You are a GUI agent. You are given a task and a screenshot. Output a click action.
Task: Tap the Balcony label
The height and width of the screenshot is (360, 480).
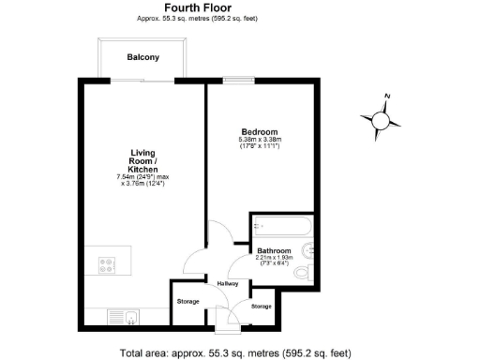(x=143, y=57)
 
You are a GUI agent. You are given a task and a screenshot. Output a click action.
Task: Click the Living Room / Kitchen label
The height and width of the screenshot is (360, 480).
(x=143, y=160)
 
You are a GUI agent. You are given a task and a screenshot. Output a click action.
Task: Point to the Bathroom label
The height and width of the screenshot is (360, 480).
(x=275, y=251)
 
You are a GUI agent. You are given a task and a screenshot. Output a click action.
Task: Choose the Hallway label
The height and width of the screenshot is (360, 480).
(x=228, y=283)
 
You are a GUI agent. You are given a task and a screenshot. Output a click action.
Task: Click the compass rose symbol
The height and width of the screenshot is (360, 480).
(x=382, y=119)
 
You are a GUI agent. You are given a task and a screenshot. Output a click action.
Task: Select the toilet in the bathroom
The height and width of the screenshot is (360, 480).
(x=303, y=273)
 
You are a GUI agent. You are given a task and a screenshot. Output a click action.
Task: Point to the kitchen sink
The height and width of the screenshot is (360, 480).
(x=125, y=316)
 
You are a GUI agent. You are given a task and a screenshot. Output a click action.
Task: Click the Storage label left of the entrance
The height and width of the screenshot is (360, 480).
(x=187, y=301)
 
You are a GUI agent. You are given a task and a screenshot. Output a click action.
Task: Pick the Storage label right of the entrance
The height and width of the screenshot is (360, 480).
(x=262, y=307)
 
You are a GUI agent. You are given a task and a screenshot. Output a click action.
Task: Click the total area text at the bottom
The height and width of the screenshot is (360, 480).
(x=235, y=352)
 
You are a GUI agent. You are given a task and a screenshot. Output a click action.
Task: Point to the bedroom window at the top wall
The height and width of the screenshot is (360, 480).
(x=238, y=82)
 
